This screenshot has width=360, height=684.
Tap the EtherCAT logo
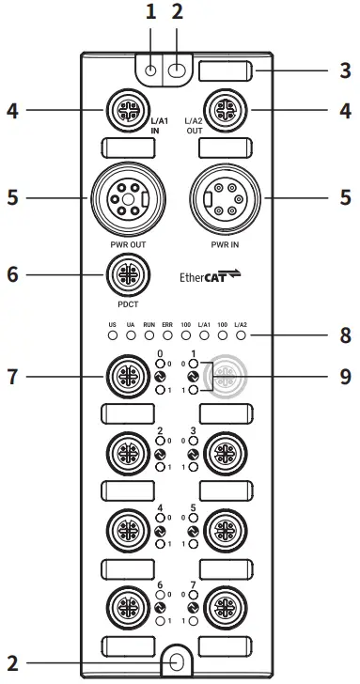[x=210, y=276]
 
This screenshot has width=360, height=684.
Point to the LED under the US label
[x=112, y=334]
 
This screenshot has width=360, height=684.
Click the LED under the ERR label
[x=167, y=334]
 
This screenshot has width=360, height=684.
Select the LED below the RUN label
[x=149, y=334]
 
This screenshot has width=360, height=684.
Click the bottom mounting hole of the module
[x=176, y=661]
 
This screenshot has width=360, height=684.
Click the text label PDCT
[x=125, y=304]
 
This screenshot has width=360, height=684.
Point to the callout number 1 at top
[x=149, y=12]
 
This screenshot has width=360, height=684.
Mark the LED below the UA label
[x=131, y=334]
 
